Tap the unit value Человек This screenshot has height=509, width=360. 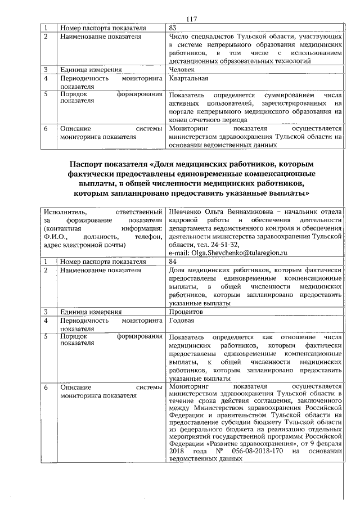(x=183, y=70)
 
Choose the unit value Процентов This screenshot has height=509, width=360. (x=186, y=312)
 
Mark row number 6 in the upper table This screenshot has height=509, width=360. (x=47, y=128)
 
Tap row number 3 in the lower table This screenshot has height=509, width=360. (x=47, y=312)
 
